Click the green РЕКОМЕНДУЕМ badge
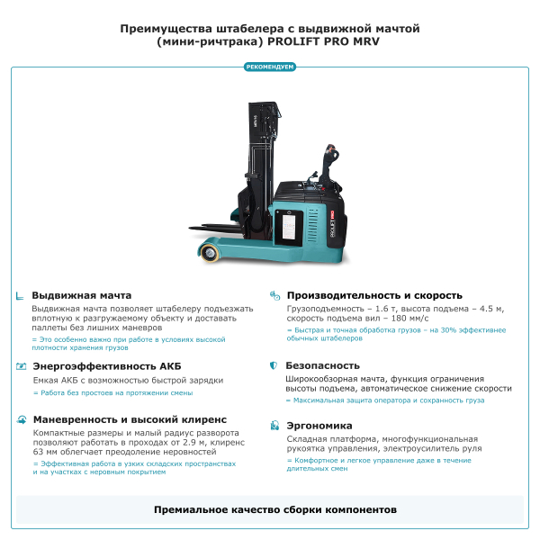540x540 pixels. coord(270,67)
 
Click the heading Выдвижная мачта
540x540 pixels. coord(82,295)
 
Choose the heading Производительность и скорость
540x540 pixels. coord(374,295)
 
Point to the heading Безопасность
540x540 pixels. coord(322,366)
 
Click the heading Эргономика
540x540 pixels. coord(319,426)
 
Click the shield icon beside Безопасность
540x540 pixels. coord(274,366)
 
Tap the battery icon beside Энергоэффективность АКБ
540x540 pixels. coord(21,366)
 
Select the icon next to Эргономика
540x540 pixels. coord(274,426)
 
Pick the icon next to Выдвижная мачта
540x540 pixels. coord(21,295)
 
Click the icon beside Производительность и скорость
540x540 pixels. coord(274,295)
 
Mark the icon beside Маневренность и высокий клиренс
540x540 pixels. coord(21,419)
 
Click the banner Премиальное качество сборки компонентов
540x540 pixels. coord(270,509)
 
